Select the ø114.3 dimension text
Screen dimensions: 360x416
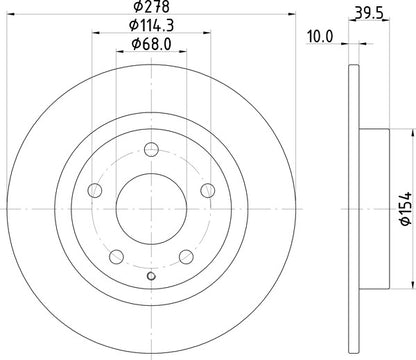pos(151,26)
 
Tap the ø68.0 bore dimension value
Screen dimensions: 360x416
pos(151,43)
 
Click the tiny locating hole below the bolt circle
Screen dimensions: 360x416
pos(151,277)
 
